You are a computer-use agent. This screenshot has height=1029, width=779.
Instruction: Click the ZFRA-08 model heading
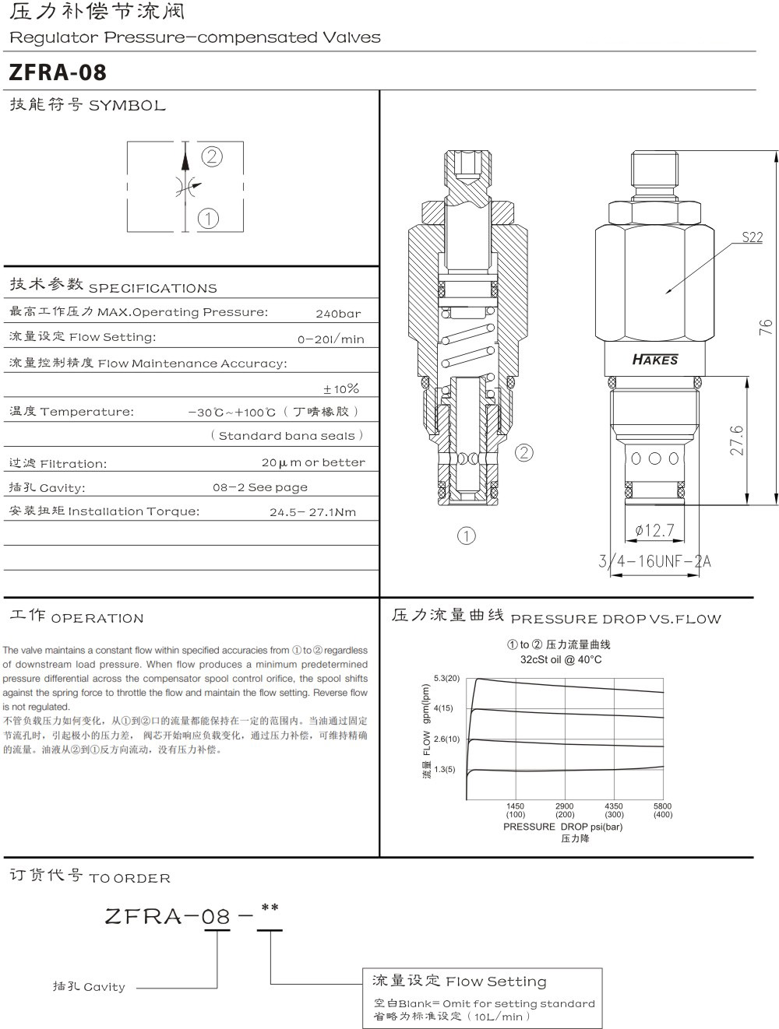(58, 72)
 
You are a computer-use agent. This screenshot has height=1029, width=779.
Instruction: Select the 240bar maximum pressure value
(338, 314)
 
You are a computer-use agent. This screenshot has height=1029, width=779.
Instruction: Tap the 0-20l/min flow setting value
(330, 339)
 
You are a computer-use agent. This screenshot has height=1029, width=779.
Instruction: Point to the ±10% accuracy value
(341, 388)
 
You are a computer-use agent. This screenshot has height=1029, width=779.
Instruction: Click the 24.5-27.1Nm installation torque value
(312, 512)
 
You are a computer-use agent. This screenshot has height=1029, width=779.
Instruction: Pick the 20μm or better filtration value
(313, 462)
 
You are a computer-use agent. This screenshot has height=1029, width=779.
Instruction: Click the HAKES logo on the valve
(654, 360)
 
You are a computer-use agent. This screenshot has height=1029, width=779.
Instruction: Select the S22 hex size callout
(752, 237)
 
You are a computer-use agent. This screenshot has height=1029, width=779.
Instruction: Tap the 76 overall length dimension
(766, 327)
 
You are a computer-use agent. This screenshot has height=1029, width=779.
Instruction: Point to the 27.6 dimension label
(736, 441)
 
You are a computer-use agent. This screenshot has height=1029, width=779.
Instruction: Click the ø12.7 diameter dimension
(654, 530)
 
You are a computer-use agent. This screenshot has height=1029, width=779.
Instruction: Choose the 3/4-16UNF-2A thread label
(654, 560)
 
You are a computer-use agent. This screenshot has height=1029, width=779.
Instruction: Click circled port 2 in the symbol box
(212, 156)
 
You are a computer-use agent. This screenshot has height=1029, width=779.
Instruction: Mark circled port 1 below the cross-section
(466, 536)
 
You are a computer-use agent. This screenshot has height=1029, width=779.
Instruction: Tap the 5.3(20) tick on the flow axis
(446, 678)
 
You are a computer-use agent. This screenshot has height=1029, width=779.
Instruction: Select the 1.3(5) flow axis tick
(444, 769)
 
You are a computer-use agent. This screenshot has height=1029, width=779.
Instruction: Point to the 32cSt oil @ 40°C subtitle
(560, 659)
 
